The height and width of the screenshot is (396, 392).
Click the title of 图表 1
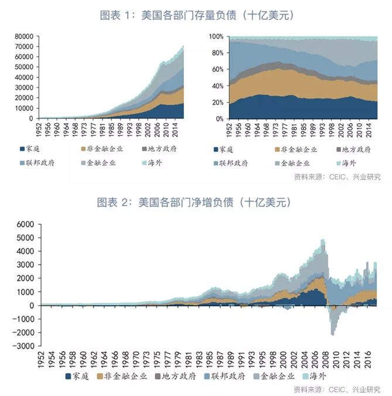point(196,16)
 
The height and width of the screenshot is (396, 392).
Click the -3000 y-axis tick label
point(26,346)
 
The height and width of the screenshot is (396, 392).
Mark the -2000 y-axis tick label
point(26,333)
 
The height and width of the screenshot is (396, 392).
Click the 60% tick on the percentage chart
point(217,69)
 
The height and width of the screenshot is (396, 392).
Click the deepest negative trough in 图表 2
point(333,334)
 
